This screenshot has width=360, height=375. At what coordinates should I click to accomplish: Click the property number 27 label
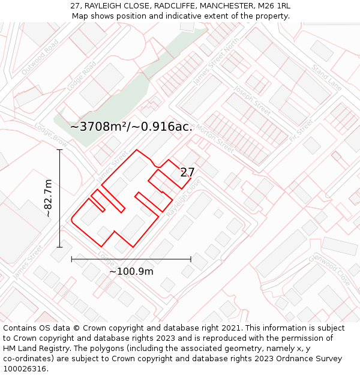(187, 172)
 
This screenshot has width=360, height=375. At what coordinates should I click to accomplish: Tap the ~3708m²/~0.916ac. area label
(131, 127)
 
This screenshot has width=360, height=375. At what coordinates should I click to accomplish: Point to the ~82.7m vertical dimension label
(49, 198)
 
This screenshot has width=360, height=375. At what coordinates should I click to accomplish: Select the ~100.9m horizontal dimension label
(131, 271)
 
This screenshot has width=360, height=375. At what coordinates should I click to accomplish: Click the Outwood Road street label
(40, 57)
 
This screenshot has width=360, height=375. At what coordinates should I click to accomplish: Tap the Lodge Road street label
(82, 76)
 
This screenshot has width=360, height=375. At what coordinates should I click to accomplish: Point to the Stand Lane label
(326, 80)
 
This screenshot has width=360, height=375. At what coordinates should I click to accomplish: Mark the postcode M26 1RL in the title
(274, 5)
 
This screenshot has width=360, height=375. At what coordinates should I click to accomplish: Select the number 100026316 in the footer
(25, 368)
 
